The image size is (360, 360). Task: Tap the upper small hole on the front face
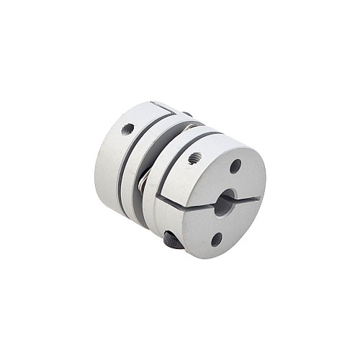pos(235,166)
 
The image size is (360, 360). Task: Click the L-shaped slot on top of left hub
pos(165,108)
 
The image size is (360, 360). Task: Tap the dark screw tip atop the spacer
pos(186,114)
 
